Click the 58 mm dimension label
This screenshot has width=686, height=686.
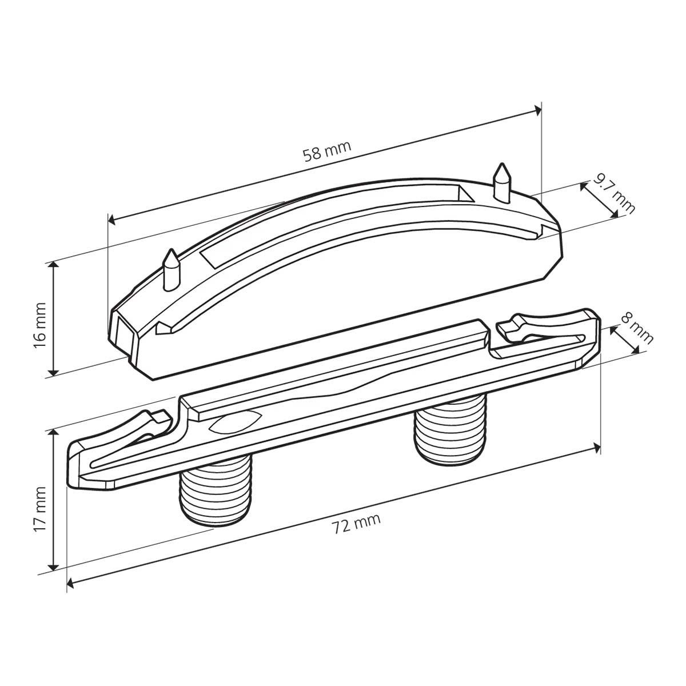[327, 151]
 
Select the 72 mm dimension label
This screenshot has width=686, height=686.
[357, 524]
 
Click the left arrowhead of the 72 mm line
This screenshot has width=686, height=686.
[72, 583]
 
